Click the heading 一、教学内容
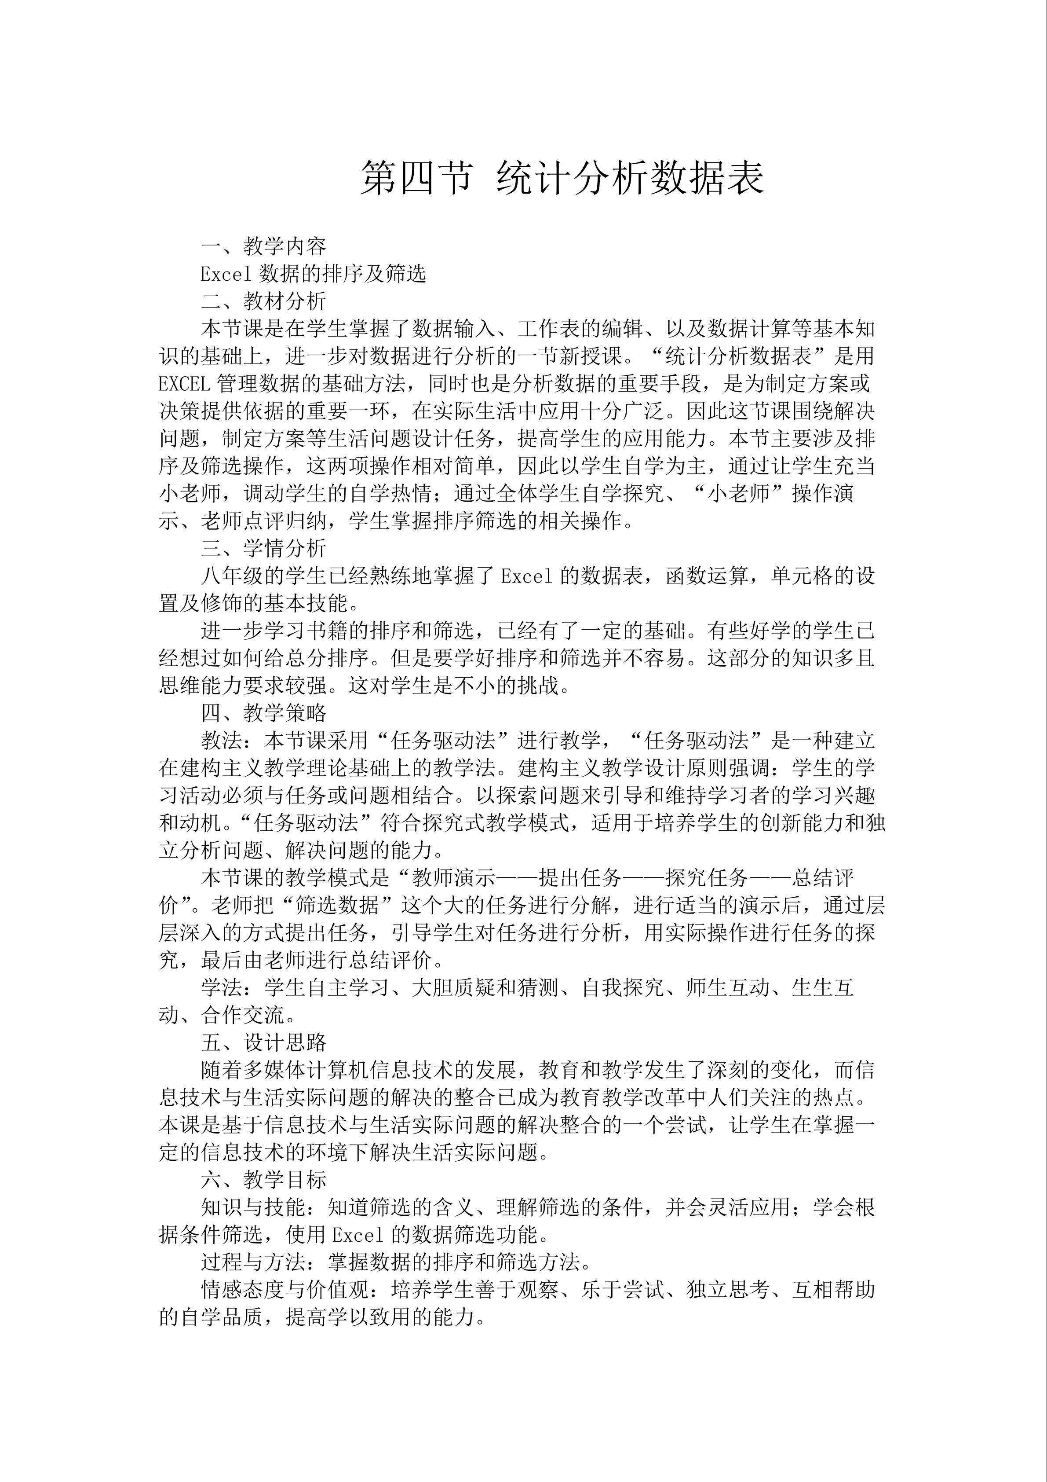(x=263, y=246)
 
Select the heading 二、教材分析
(x=263, y=301)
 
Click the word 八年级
(x=232, y=576)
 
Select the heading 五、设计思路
(x=263, y=1042)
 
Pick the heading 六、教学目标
(x=263, y=1179)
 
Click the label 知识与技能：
(x=263, y=1207)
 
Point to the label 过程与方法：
(x=263, y=1262)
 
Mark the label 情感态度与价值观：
(x=295, y=1290)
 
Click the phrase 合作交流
(x=243, y=1015)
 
